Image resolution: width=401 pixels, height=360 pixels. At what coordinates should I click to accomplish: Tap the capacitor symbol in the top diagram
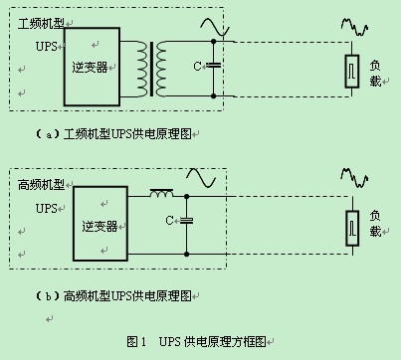(x=213, y=67)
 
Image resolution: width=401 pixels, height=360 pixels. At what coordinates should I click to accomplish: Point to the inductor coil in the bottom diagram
(x=160, y=193)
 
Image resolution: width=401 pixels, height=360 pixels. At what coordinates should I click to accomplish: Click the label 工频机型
(x=40, y=22)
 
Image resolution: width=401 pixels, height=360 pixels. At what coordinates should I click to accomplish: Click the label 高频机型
(x=40, y=183)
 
